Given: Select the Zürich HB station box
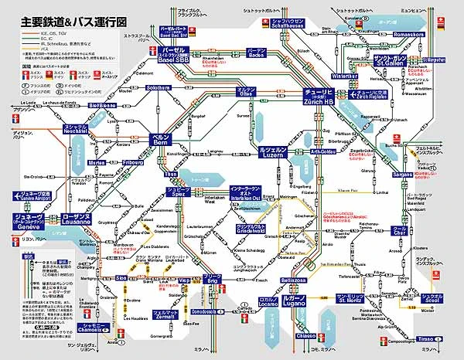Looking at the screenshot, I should (x=319, y=97).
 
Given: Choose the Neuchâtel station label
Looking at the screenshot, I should (x=53, y=130).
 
